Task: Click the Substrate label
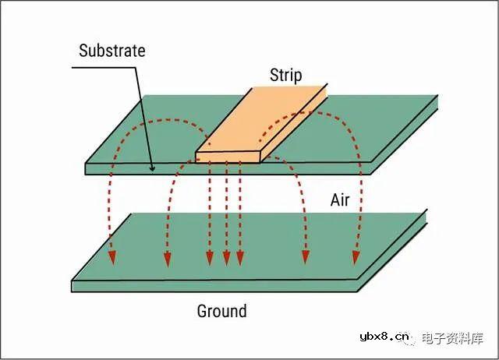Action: click(112, 51)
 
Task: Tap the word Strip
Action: click(286, 76)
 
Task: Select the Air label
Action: click(340, 200)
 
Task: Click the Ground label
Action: click(221, 311)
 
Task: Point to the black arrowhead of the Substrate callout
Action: click(152, 168)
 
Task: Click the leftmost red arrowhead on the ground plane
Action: click(112, 258)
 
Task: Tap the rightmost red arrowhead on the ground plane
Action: click(356, 258)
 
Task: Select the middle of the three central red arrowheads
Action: click(226, 258)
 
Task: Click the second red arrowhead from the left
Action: click(168, 259)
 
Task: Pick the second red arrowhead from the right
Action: click(306, 257)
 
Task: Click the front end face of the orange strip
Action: click(228, 157)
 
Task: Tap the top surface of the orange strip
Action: click(261, 119)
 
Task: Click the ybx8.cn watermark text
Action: click(384, 337)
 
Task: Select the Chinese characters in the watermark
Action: click(452, 338)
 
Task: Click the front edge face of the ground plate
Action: click(215, 286)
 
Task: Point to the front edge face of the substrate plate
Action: click(228, 169)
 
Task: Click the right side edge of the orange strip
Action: click(295, 124)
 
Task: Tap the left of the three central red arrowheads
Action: click(210, 258)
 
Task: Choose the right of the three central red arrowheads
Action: click(240, 258)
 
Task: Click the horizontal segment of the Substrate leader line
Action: click(104, 68)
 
